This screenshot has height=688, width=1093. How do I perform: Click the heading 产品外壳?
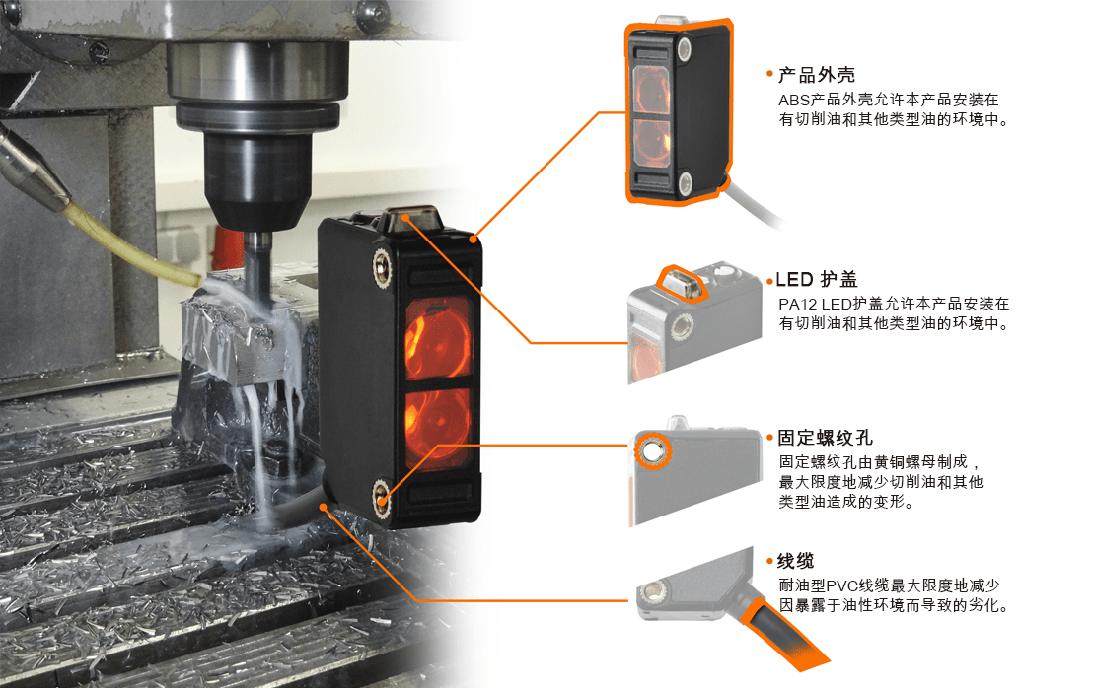816,75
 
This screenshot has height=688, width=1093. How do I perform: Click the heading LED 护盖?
816,279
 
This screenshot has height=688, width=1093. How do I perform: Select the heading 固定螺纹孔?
825,438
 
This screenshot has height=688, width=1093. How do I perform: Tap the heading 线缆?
795,561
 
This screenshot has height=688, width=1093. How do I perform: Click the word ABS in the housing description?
794,101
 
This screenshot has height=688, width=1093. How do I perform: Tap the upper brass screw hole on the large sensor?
382,266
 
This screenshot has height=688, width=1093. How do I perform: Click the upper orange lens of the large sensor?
438,339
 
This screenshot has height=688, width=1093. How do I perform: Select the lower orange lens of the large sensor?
437,426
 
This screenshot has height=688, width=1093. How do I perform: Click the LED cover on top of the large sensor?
412,219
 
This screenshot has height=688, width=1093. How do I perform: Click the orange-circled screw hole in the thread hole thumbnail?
653,452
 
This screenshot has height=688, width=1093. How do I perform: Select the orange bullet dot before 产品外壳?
769,74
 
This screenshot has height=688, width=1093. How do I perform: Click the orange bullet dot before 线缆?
769,561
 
